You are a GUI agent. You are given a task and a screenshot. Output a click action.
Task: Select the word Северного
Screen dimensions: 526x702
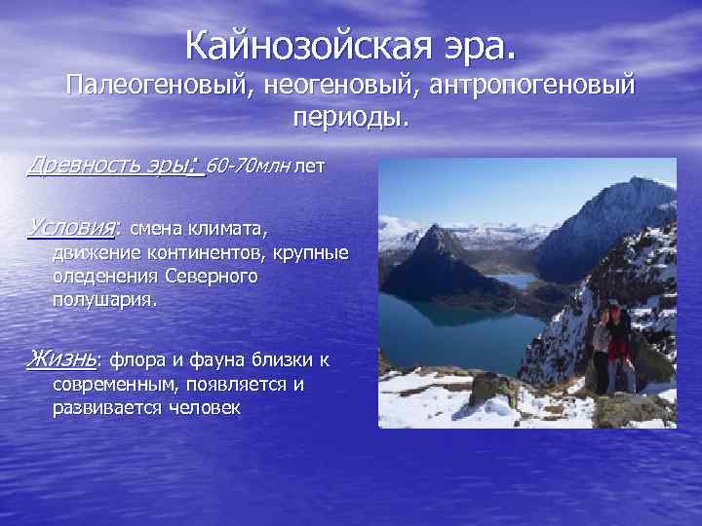pos(212,278)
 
